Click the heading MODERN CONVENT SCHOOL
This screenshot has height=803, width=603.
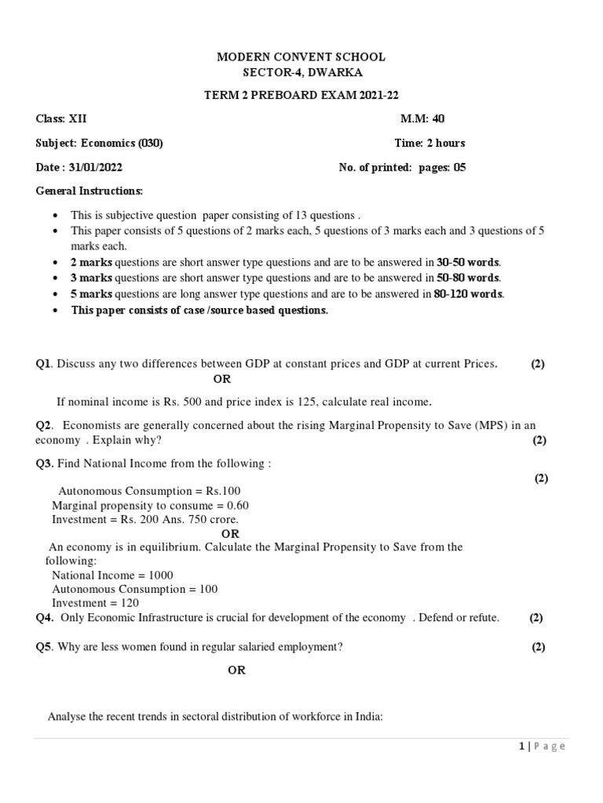point(301,57)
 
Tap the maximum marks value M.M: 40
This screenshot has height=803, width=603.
point(422,119)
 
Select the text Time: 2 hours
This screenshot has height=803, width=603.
point(429,143)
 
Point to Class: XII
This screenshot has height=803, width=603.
point(62,119)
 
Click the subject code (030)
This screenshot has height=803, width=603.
point(151,143)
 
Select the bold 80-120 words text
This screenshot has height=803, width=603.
point(469,294)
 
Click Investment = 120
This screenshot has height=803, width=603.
point(95,603)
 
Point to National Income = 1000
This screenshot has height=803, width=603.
point(112,575)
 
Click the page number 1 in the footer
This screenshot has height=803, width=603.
point(521,746)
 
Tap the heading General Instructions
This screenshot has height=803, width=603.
point(90,191)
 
